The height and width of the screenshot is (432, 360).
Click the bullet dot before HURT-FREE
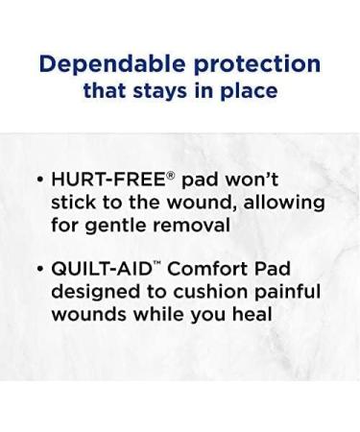(38, 180)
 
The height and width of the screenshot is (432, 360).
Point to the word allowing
(286, 204)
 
